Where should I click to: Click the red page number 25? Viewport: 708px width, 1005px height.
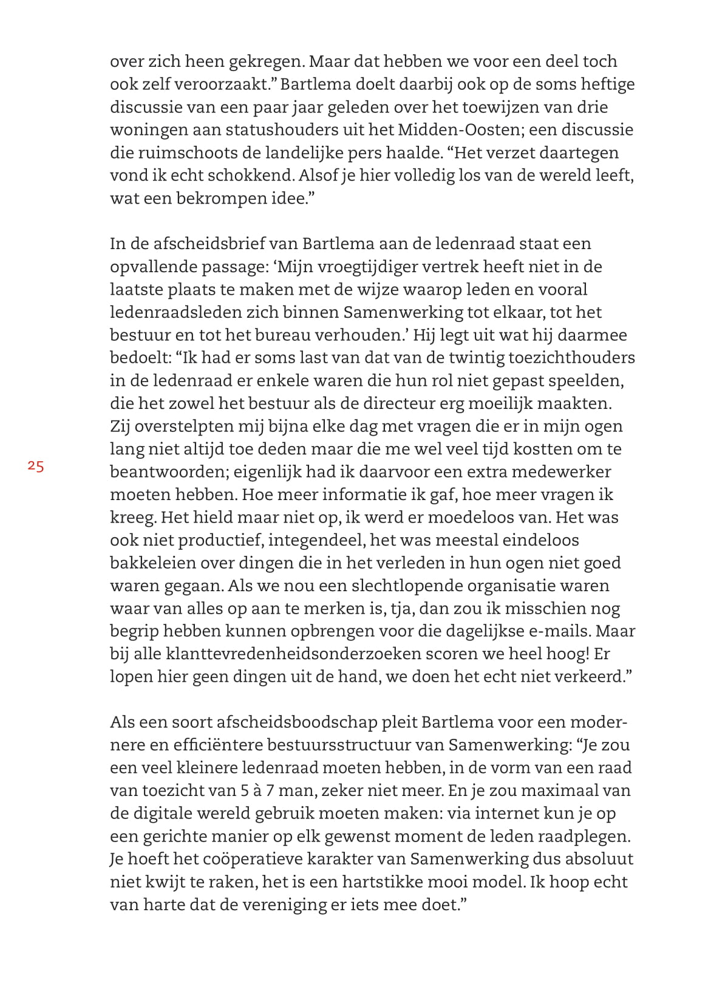coord(36,467)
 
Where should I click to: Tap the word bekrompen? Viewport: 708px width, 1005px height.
coord(220,198)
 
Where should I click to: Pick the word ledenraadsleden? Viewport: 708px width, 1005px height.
coord(174,312)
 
